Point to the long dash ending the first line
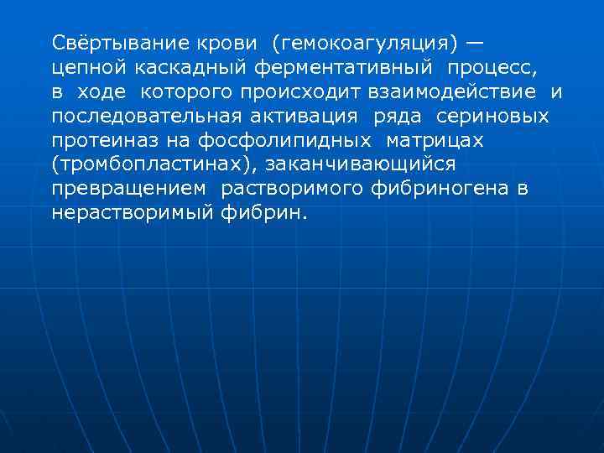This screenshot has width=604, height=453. (x=475, y=42)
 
